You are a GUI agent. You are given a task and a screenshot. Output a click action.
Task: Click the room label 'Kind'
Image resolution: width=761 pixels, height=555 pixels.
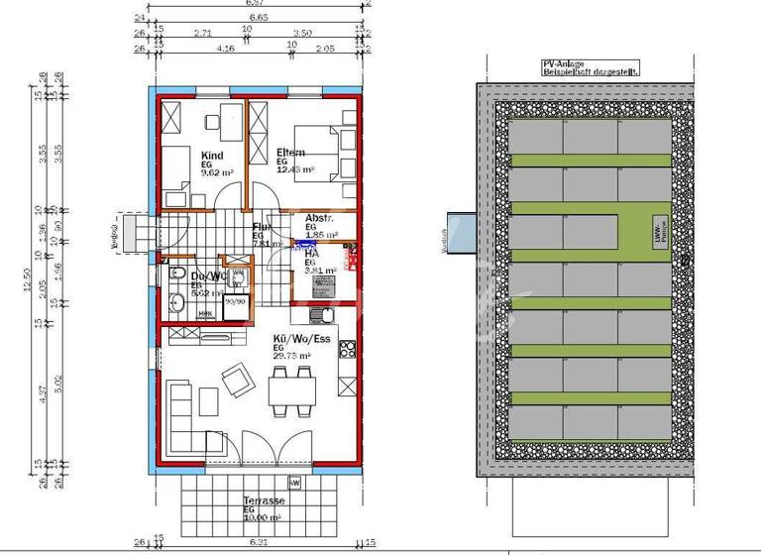point(212,156)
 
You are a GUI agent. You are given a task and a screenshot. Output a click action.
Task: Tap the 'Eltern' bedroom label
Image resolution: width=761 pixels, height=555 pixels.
point(291,153)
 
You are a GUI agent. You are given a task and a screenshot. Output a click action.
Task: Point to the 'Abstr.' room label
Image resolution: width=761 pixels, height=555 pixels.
point(319,218)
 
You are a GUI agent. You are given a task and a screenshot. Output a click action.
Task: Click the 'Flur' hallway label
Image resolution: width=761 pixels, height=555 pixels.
point(262,228)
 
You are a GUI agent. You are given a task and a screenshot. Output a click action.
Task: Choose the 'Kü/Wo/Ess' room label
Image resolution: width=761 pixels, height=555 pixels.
point(299,340)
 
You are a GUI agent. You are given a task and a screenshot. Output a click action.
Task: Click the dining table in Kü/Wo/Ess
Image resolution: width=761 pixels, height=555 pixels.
point(293,390)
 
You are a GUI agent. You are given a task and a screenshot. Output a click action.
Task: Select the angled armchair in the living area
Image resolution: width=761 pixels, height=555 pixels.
point(238,379)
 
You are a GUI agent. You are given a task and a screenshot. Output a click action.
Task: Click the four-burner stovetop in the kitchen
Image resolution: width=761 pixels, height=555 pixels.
point(347,349)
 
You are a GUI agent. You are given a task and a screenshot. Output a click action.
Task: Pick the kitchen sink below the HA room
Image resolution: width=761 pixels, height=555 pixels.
point(318,316)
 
